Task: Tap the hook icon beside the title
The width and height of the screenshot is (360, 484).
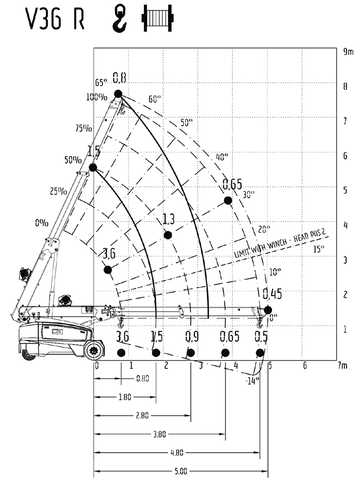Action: (x=120, y=17)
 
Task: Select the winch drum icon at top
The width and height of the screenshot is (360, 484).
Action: (x=157, y=17)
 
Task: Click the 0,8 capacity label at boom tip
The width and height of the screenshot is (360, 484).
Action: (x=120, y=78)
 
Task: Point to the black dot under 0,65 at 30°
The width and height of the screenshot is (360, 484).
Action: (x=228, y=200)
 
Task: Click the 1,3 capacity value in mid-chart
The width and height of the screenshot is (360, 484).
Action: (x=168, y=220)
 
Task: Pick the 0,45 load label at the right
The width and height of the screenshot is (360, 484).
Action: (x=273, y=294)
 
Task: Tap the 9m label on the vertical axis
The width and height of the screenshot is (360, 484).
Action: (x=349, y=52)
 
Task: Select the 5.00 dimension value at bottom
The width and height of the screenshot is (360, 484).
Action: (x=180, y=471)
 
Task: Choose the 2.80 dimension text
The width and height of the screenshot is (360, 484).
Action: (x=142, y=416)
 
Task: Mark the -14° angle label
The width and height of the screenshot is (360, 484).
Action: (x=251, y=381)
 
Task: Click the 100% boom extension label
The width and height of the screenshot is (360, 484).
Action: (x=97, y=96)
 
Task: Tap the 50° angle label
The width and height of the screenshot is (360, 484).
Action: (x=186, y=123)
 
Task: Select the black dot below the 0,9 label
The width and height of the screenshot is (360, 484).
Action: (x=191, y=353)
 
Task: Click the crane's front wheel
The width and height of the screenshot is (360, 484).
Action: (x=94, y=352)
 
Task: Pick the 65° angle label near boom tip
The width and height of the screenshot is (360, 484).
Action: (x=101, y=82)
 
